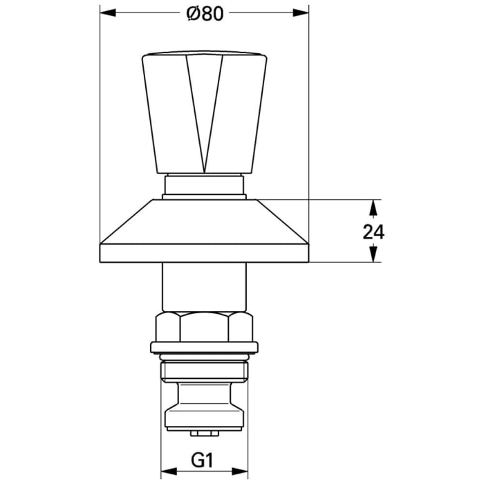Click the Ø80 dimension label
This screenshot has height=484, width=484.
(x=205, y=13)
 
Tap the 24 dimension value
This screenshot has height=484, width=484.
(x=373, y=232)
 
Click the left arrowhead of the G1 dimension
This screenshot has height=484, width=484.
(x=167, y=475)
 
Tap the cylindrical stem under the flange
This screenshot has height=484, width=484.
(x=204, y=287)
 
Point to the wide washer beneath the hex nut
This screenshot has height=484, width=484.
(x=204, y=348)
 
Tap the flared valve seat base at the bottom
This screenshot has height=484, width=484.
(x=204, y=415)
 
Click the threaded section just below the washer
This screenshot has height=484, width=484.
(x=204, y=370)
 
